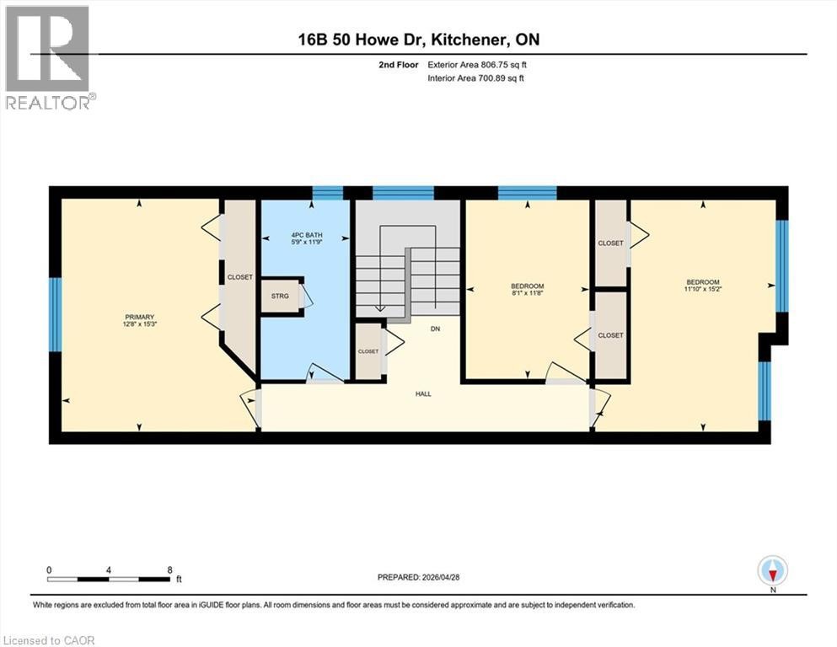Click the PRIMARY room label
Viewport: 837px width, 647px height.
139,317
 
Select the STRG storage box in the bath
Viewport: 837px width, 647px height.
280,296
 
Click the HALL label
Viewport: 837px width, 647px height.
423,394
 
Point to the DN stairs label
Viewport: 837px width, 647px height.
436,329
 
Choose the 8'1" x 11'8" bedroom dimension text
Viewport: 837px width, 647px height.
528,293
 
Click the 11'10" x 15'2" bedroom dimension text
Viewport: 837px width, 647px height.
702,289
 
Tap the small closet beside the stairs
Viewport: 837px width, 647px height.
368,351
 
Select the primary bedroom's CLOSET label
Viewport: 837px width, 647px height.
239,277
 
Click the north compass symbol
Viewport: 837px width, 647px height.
772,570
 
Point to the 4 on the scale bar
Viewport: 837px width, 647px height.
109,569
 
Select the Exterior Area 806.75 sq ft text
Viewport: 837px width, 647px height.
477,65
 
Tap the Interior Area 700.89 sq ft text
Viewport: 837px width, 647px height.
475,78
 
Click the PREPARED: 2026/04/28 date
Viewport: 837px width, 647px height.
418,577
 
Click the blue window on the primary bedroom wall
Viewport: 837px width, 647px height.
56,315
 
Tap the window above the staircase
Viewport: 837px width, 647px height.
403,193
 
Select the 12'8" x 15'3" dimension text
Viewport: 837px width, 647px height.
139,323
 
